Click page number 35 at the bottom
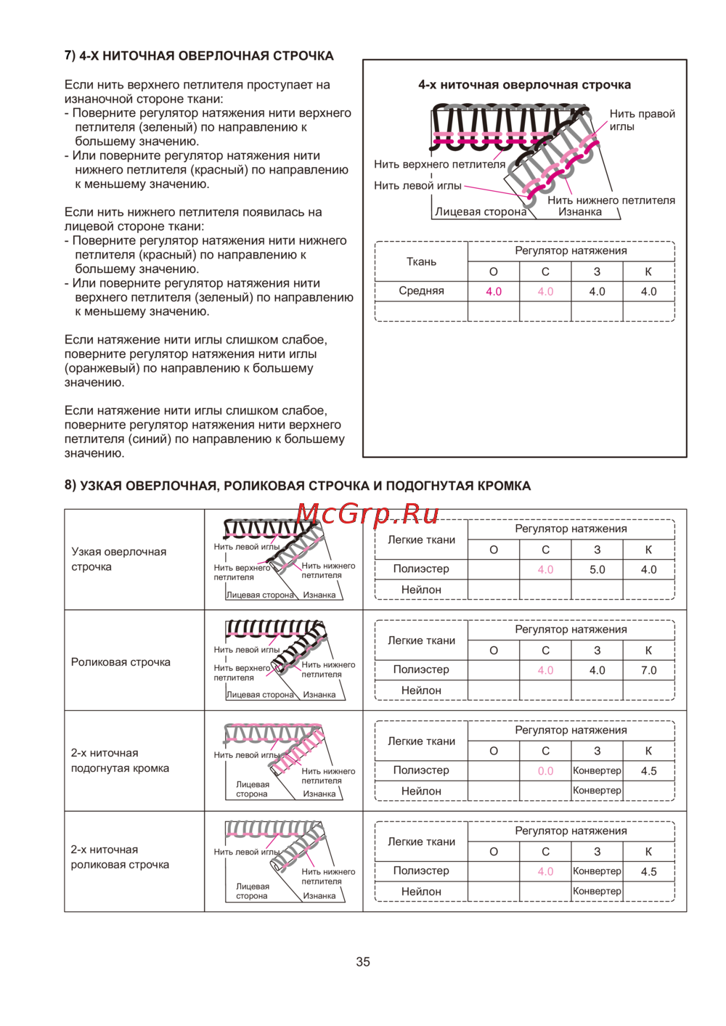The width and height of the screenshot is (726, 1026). coord(363,961)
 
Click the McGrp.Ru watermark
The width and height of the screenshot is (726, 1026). coord(367,514)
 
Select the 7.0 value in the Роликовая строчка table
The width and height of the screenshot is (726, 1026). coord(648,670)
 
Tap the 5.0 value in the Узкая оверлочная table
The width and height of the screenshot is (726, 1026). coord(597,570)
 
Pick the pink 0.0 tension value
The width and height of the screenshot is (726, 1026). coord(545,771)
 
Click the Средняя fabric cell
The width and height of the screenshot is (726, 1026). coord(421,291)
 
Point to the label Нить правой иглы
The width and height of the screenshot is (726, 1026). coord(642,120)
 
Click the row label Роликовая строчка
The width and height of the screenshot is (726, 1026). coord(121,662)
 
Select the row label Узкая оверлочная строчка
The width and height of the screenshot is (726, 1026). coord(118,559)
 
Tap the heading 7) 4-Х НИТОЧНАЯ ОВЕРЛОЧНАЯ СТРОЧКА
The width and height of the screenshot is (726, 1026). coord(199,56)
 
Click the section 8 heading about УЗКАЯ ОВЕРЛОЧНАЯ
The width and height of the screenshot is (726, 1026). coord(298,486)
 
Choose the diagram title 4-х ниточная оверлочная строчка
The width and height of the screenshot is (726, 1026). coord(524,85)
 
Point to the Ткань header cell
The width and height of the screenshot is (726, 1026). coord(421,261)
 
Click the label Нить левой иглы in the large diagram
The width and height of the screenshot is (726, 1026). coord(417,186)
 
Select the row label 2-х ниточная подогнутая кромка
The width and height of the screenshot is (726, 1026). coord(120,760)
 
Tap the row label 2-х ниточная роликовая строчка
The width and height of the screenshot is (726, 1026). coord(120,857)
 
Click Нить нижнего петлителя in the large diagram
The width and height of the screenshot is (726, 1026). coord(611,200)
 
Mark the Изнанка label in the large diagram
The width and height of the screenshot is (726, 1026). coord(579,212)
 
